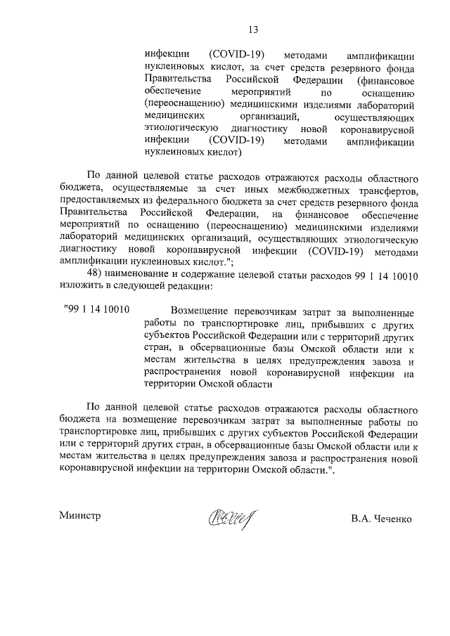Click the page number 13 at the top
(x=253, y=30)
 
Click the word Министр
(x=80, y=515)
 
